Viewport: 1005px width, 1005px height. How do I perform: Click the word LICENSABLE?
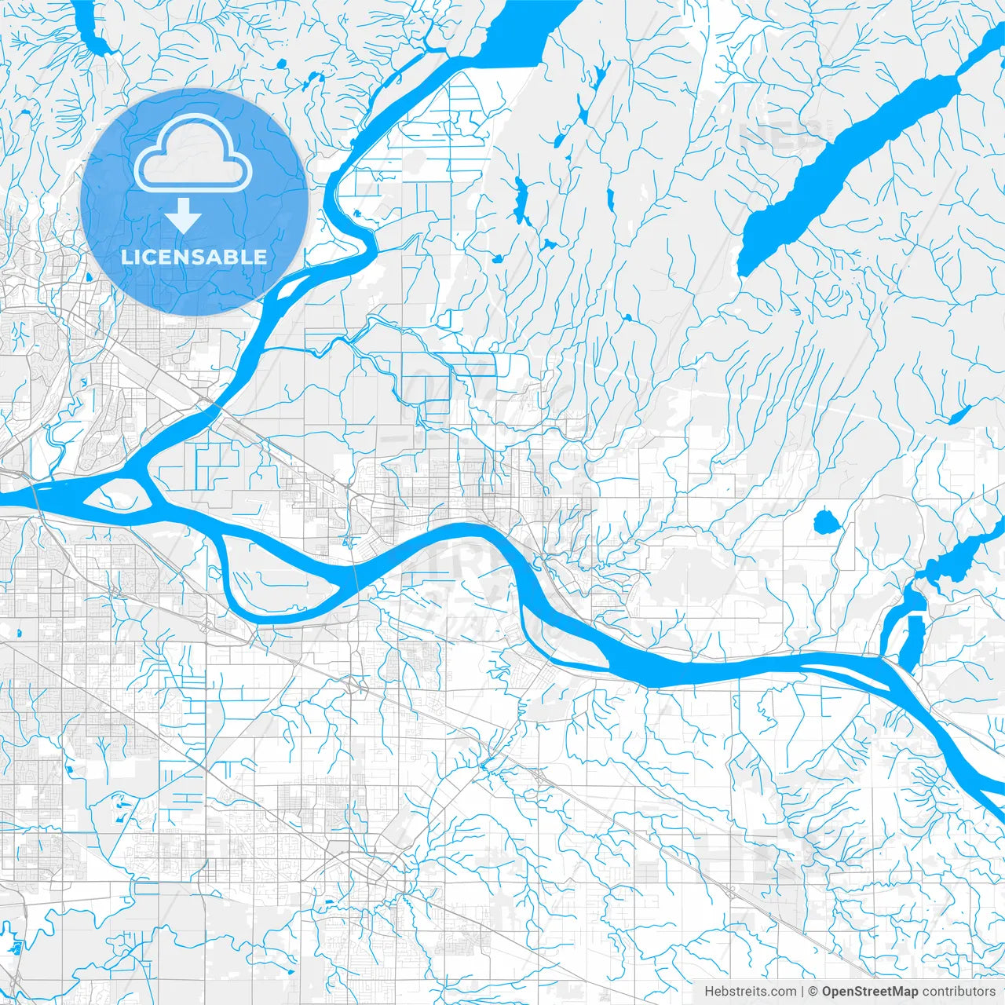193,257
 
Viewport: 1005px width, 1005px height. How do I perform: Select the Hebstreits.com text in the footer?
750,992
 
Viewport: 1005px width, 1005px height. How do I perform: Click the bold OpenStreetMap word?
869,992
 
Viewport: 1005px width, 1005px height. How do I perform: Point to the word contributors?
959,992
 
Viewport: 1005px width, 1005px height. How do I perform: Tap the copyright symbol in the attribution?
813,992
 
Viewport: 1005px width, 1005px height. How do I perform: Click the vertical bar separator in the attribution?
802,992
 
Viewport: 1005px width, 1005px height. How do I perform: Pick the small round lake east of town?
824,521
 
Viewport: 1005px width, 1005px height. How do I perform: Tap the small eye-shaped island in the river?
115,496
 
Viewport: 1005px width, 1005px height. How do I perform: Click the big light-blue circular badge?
193,202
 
